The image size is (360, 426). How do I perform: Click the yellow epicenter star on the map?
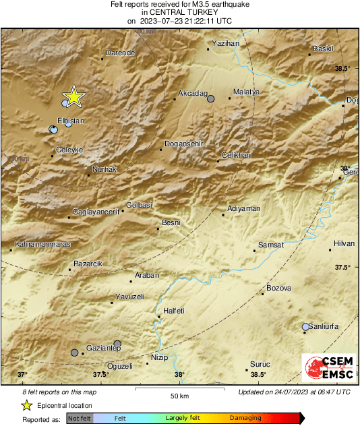coord(73,97)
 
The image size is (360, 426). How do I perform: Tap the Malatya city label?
coord(245,92)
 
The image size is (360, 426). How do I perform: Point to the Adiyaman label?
coord(244,209)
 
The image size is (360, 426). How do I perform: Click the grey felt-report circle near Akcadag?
coord(210,98)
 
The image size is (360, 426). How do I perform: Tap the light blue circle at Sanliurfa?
coord(306,327)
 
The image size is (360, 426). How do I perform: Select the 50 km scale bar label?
coord(178,395)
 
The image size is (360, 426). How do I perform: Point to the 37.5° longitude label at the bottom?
coord(100,375)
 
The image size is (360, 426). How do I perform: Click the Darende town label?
coord(121,53)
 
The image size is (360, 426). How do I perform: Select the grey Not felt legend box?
coord(79,418)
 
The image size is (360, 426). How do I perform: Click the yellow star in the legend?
coord(26,405)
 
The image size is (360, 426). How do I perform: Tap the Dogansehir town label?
coord(185,144)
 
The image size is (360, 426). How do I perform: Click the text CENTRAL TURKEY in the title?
coord(180,12)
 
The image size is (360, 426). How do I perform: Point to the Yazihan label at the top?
coord(226,43)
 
